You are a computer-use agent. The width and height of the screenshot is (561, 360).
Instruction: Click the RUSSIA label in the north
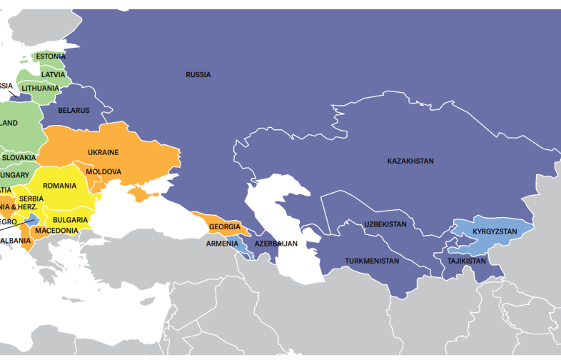click(x=198, y=74)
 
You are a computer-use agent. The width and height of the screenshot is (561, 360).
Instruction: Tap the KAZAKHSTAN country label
click(x=410, y=161)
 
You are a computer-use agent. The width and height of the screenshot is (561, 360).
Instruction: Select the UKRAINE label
click(x=103, y=152)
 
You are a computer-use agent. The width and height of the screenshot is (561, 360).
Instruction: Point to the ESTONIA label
click(x=51, y=56)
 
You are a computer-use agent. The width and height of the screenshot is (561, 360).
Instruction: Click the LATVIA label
click(x=53, y=74)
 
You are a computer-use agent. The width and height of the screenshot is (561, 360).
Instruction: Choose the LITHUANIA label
click(x=40, y=88)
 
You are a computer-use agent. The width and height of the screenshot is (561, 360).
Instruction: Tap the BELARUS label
click(x=74, y=110)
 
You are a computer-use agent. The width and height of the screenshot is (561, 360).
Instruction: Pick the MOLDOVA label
click(x=103, y=171)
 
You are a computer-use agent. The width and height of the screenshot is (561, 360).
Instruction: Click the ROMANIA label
click(x=59, y=186)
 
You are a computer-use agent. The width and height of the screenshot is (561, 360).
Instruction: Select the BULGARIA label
click(x=71, y=219)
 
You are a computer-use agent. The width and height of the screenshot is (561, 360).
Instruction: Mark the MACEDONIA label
click(x=56, y=230)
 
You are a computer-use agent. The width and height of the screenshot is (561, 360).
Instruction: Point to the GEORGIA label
click(x=225, y=227)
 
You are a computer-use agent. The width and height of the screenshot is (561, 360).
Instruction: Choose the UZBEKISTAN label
click(x=385, y=224)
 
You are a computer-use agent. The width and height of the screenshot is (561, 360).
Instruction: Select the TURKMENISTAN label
click(x=371, y=261)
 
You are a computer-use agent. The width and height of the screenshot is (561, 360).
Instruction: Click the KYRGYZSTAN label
click(x=495, y=232)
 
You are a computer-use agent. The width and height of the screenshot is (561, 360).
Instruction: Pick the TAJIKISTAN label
click(x=467, y=261)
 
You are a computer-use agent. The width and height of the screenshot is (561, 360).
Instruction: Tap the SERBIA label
click(x=31, y=199)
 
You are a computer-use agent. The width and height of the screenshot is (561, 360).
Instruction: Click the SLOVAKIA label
click(x=19, y=157)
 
